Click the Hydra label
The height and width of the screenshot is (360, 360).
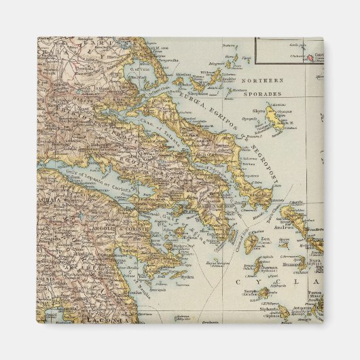pyautogui.click(x=177, y=276)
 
